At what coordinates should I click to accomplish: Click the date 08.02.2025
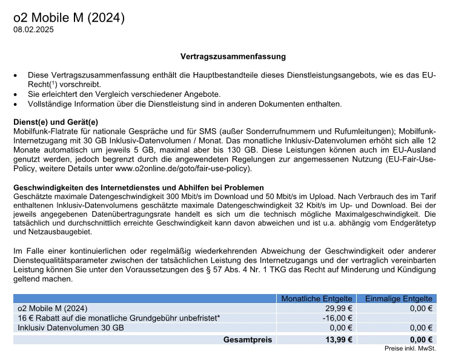coord(33,30)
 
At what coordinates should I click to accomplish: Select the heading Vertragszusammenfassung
coord(233,56)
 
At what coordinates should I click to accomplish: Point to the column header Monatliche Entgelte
coord(316,299)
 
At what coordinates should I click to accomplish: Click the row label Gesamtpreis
coord(248,339)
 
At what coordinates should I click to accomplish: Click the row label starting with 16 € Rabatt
coord(119,318)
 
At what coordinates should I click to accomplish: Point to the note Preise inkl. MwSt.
coord(410,349)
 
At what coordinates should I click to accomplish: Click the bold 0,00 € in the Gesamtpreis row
coord(421,339)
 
